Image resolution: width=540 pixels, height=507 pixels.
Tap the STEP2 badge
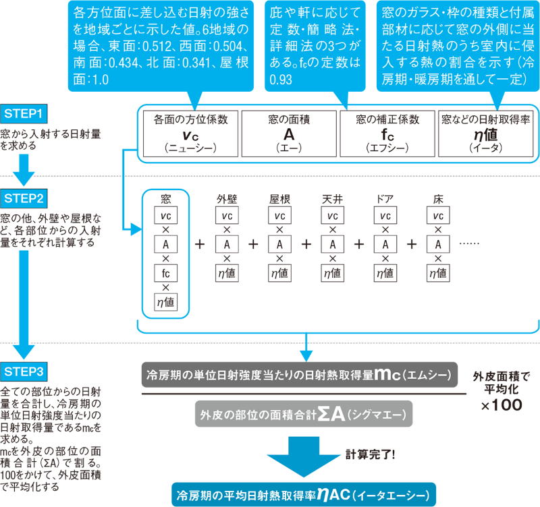[x=26, y=198]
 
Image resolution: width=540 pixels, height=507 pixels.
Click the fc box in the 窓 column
[x=165, y=273]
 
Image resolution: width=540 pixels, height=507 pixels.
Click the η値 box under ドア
[x=385, y=273]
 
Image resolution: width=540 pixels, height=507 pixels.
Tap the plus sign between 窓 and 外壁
[x=200, y=244]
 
